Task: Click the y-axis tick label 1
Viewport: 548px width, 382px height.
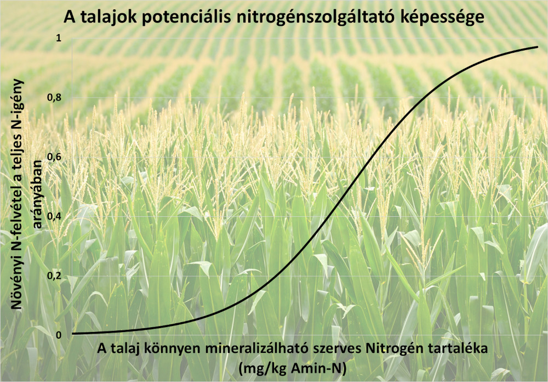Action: click(59, 38)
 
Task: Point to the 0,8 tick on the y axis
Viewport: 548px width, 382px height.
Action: click(54, 97)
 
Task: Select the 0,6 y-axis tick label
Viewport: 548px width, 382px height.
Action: click(54, 157)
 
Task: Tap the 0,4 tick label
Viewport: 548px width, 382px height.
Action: click(54, 216)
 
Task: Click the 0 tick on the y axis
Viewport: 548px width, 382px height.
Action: click(59, 335)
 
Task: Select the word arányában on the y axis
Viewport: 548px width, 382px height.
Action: click(37, 193)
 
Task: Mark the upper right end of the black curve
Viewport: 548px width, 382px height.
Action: click(538, 47)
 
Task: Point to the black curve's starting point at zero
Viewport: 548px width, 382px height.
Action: click(72, 334)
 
